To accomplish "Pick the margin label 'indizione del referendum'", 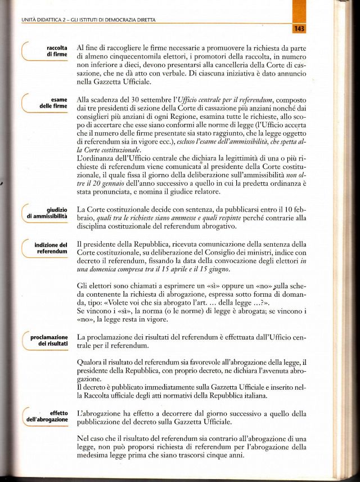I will pos(51,248).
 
